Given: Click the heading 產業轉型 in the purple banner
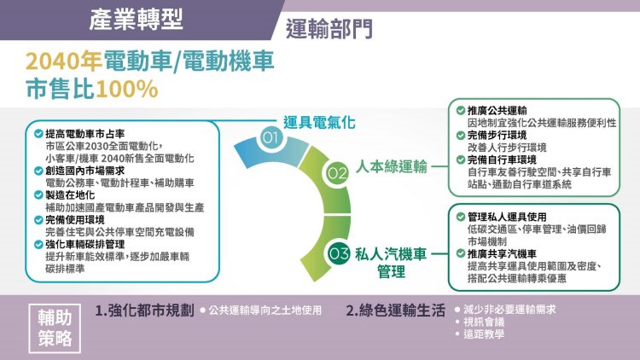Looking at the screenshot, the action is pos(137,20).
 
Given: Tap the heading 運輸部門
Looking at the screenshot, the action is pos(329,28).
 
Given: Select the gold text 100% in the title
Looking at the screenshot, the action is pos(126,89).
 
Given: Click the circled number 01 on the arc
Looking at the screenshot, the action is pos(270,137).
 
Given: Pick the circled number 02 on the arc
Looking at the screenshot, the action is pos(337,173).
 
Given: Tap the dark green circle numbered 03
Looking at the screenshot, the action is pos(339,253).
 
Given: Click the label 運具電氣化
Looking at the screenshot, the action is pos(319,122).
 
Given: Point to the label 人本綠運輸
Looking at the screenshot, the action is pos(392,166).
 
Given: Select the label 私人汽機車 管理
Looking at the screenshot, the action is pos(391,263).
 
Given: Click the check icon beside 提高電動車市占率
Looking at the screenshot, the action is pos(38,133).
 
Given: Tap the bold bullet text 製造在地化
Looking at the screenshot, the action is pos(70,195).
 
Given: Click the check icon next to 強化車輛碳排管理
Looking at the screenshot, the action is pos(38,245).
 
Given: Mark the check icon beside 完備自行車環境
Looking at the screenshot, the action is pos(461,160).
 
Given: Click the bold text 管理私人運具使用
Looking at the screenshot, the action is pos(507,218).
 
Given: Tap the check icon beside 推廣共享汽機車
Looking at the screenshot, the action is pos(461,254).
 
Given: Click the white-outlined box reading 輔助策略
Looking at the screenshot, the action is pos(55,328).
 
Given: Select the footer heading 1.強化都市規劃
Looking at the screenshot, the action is pos(144,311).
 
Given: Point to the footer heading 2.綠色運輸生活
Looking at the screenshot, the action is pos(395,311).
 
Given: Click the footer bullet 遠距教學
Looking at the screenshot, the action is pos(484,334).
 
